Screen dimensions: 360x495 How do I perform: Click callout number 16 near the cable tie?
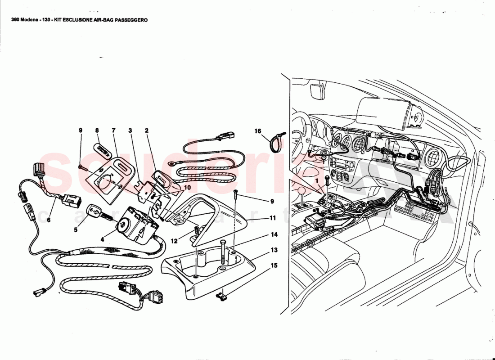coord(258,131)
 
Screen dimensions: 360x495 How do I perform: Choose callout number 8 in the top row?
coord(97,130)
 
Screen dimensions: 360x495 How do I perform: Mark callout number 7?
coord(113,130)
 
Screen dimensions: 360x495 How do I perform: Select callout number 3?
coord(130,130)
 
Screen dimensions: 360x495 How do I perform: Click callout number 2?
coord(147,130)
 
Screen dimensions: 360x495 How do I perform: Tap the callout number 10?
coord(187,187)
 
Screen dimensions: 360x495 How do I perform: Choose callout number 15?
coord(274,265)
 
